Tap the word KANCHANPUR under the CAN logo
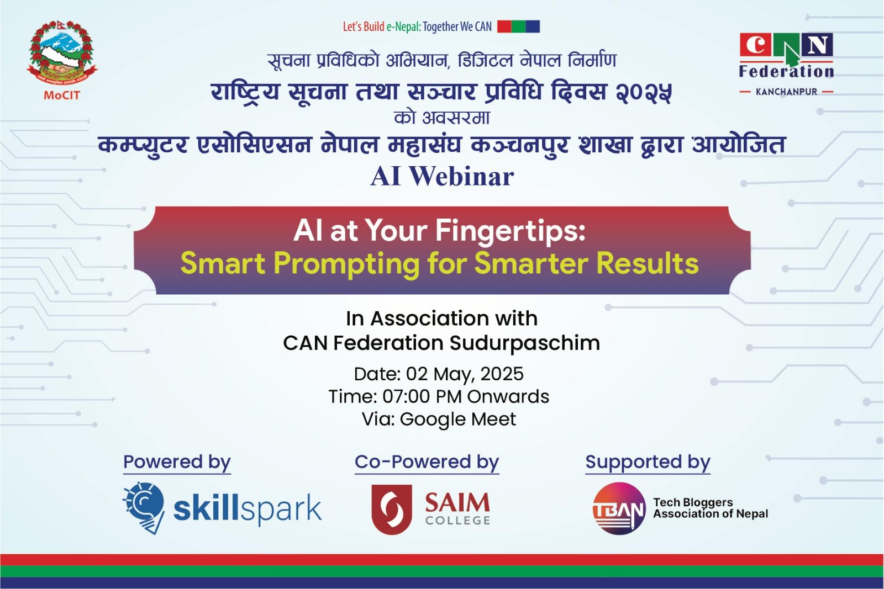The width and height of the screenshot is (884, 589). click(786, 92)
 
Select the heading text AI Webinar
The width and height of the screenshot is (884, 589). click(442, 176)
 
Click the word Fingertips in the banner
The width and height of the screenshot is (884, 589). click(509, 231)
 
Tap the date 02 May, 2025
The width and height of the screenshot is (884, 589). click(465, 374)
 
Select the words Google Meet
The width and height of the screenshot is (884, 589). click(458, 419)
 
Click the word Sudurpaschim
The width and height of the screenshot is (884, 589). click(525, 343)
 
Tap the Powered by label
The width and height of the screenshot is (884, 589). click(177, 462)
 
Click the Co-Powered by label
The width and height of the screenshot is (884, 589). click(427, 462)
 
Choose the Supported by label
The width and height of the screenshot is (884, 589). click(648, 462)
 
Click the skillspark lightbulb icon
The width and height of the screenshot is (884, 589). click(144, 507)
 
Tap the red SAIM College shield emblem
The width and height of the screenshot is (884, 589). click(392, 509)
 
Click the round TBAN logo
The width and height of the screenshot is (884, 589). click(619, 508)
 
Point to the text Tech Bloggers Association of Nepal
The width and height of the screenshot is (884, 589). click(711, 508)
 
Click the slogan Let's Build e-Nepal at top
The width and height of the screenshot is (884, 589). click(382, 27)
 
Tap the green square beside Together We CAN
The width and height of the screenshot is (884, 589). click(519, 26)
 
